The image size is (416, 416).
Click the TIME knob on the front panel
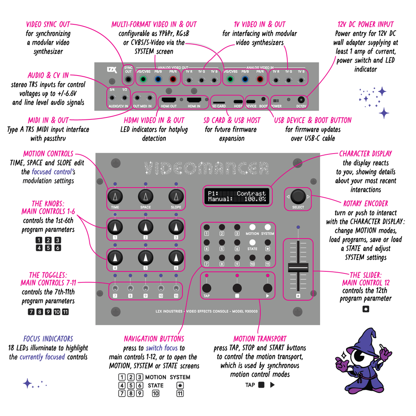[115, 197]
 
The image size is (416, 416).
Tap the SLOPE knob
[176, 197]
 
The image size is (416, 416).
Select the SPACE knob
[145, 197]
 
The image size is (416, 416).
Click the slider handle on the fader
[298, 268]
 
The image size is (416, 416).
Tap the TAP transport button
[207, 288]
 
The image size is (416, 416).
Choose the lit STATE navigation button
[252, 242]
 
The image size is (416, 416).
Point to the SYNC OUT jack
[128, 79]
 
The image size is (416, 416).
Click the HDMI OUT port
[169, 100]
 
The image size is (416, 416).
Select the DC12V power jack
[301, 100]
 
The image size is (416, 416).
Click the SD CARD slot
[219, 102]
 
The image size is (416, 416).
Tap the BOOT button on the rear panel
[263, 99]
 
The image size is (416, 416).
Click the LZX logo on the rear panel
[112, 70]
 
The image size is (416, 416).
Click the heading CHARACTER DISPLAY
[366, 154]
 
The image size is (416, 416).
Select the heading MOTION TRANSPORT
[260, 339]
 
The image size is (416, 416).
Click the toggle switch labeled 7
[115, 288]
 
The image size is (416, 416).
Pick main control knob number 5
[145, 257]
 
